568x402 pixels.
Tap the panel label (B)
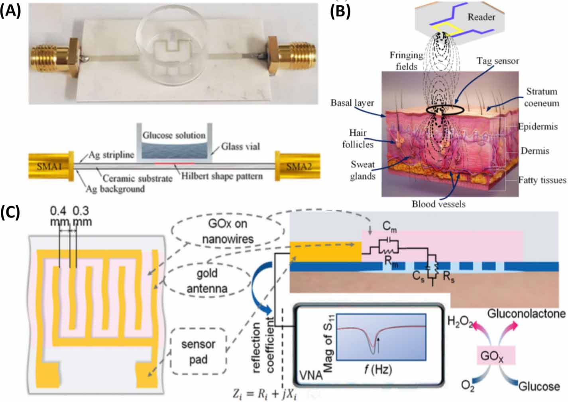(x=340, y=11)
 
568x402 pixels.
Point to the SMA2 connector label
(x=299, y=167)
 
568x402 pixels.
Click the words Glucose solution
(x=174, y=135)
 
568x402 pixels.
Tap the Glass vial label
(x=240, y=147)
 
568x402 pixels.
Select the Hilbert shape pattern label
(x=222, y=176)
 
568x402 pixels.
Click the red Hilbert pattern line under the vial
(x=174, y=163)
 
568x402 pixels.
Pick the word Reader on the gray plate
(x=481, y=17)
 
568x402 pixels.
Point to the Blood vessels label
(x=438, y=204)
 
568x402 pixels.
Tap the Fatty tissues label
(x=542, y=180)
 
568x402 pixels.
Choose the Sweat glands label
(x=363, y=170)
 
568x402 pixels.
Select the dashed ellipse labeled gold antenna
(x=207, y=280)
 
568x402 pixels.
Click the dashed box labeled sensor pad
(x=198, y=351)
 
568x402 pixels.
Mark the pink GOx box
(x=496, y=355)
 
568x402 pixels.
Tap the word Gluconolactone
(x=526, y=314)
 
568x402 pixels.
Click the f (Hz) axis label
(x=378, y=370)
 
